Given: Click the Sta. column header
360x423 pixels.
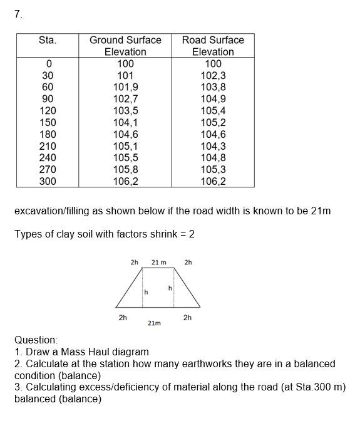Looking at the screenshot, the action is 48,40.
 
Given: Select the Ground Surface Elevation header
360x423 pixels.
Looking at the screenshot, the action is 125,46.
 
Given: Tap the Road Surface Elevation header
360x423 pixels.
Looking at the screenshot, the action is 213,46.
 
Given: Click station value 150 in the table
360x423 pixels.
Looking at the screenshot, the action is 48,122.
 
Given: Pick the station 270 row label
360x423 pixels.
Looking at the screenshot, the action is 48,169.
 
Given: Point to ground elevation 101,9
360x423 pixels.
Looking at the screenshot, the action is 125,87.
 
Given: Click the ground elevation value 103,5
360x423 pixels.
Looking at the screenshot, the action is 125,110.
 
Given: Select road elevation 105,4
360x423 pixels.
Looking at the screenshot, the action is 213,110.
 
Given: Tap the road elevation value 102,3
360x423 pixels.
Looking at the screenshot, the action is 213,75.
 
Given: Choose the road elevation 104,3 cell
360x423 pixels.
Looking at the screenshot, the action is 213,146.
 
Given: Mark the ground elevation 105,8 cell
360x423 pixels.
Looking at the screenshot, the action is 125,169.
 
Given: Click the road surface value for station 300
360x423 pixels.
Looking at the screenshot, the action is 213,181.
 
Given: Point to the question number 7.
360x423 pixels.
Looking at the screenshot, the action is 18,15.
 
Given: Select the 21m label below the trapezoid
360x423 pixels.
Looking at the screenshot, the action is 154,323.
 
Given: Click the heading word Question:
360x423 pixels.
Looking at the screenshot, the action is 36,340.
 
